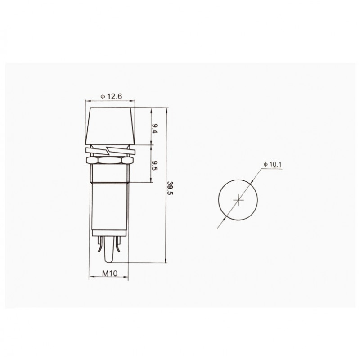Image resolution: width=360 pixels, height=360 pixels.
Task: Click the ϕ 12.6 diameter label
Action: (111, 96)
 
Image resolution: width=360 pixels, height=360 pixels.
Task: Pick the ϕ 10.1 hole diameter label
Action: (273, 165)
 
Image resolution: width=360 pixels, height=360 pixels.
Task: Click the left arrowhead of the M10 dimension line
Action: (90, 277)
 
